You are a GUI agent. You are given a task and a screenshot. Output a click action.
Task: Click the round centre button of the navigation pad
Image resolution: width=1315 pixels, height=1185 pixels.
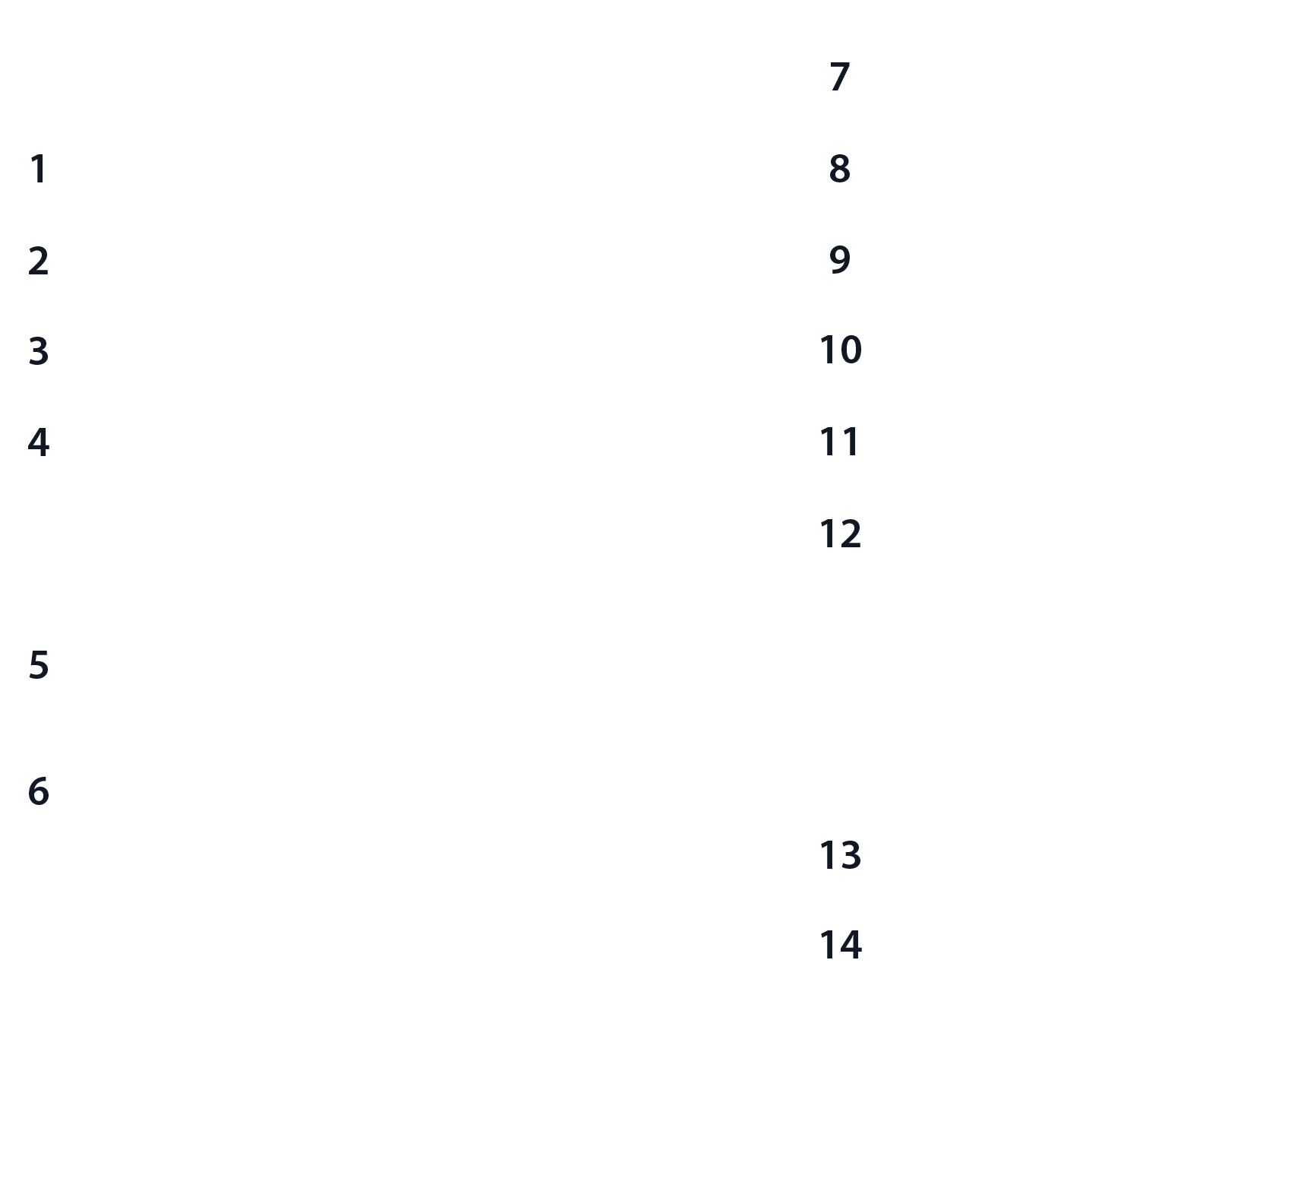click(x=444, y=663)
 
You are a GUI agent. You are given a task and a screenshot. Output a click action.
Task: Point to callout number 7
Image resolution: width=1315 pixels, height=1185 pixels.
click(x=840, y=77)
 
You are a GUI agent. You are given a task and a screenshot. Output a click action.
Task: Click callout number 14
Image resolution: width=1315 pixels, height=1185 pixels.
click(x=840, y=945)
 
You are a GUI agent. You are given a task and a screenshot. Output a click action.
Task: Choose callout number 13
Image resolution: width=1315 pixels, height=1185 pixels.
click(x=840, y=854)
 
